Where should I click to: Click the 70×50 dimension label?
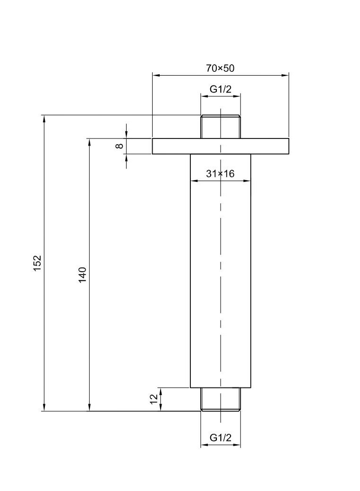pyautogui.click(x=220, y=68)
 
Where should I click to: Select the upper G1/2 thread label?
pyautogui.click(x=221, y=89)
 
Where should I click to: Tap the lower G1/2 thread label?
pyautogui.click(x=221, y=438)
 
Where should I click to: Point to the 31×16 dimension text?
pyautogui.click(x=220, y=174)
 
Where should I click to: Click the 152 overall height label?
pyautogui.click(x=38, y=263)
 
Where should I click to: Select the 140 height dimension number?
pyautogui.click(x=83, y=275)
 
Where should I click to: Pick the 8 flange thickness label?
pyautogui.click(x=120, y=146)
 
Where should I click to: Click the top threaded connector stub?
pyautogui.click(x=221, y=127)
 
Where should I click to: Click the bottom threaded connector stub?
pyautogui.click(x=221, y=399)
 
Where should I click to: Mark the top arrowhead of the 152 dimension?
pyautogui.click(x=44, y=119)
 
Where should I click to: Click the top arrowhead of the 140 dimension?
pyautogui.click(x=89, y=142)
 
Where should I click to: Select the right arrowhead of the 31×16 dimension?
pyautogui.click(x=247, y=180)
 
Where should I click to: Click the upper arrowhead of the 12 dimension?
pyautogui.click(x=161, y=391)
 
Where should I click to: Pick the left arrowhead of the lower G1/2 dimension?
pyautogui.click(x=204, y=445)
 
